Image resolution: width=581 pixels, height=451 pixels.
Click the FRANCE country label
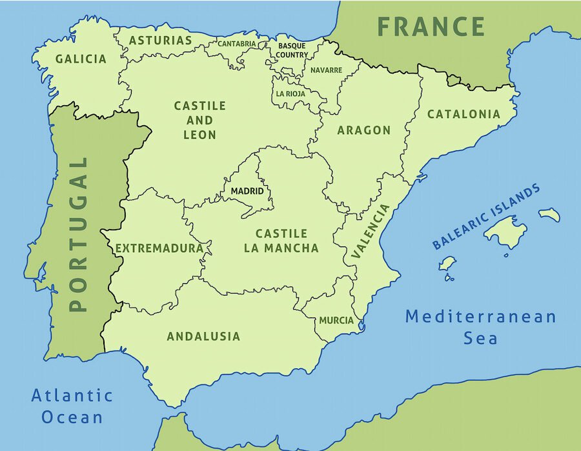coord(431,27)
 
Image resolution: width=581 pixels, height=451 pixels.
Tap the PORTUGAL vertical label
coord(78,234)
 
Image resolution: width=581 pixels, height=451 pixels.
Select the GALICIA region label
coord(81,59)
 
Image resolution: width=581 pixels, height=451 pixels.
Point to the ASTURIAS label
coord(161,41)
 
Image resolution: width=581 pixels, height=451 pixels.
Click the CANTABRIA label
coord(237,44)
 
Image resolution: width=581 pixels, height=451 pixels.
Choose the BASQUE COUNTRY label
coord(292,50)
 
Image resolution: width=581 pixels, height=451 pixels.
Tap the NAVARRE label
coord(326,70)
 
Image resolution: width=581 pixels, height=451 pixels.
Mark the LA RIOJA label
coord(290,94)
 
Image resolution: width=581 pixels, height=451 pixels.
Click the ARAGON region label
coord(364,130)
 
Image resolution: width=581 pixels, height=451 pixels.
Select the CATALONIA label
coord(464,114)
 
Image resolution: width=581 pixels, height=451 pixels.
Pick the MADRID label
coord(247,192)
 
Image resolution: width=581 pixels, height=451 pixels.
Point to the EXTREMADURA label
coord(159,248)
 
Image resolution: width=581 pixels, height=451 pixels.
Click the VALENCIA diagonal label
coord(371,232)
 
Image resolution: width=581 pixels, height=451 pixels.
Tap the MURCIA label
coord(336,321)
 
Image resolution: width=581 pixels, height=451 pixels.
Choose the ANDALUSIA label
coord(203,336)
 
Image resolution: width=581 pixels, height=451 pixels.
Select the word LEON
coord(200,135)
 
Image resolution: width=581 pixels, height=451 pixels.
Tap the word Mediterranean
coord(480,317)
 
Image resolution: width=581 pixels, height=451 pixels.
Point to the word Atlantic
coord(72,396)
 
